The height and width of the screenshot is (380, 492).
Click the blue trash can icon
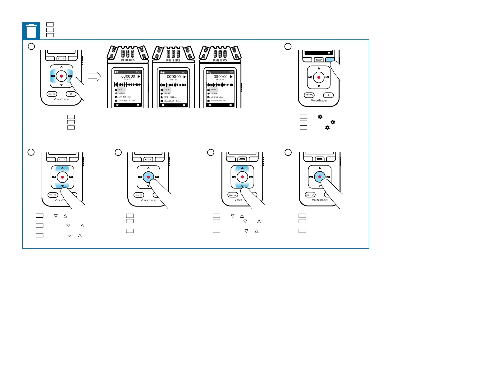(x=31, y=31)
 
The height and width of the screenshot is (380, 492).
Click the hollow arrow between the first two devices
(x=94, y=76)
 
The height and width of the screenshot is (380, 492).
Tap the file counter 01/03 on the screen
(x=121, y=89)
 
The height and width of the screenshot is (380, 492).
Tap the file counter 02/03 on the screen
(x=166, y=90)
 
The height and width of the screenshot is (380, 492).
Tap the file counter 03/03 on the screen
(x=213, y=90)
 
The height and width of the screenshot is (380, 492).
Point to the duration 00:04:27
(x=220, y=80)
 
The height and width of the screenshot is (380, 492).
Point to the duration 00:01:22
(x=173, y=80)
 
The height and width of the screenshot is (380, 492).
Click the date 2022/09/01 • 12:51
(x=126, y=101)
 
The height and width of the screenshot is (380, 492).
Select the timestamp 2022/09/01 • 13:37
(x=219, y=101)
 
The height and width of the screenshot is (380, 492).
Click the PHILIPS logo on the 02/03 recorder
(x=173, y=60)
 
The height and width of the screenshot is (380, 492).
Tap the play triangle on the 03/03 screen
(x=231, y=77)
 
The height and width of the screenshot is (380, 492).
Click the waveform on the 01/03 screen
(x=127, y=84)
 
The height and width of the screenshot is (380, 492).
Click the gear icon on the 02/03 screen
(x=184, y=105)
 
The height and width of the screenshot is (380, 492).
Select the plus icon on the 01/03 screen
(x=117, y=105)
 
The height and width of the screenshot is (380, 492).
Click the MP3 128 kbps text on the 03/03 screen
(x=217, y=97)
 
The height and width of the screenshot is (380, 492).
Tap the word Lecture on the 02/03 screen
(x=167, y=93)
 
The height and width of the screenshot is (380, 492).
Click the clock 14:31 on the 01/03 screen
(x=138, y=72)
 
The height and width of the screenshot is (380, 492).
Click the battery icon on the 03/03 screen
(x=208, y=72)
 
